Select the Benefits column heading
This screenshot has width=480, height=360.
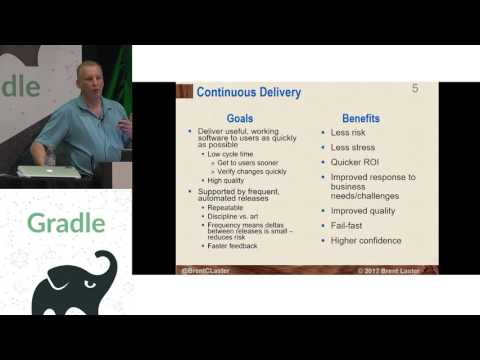click(362, 118)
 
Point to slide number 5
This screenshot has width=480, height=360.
click(415, 90)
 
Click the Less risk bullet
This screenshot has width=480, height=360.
click(353, 132)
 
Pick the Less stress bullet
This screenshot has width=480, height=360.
click(355, 147)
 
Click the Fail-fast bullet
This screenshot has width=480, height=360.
click(352, 226)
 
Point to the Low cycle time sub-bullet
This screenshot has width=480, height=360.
click(231, 156)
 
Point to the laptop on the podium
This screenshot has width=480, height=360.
click(62, 170)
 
